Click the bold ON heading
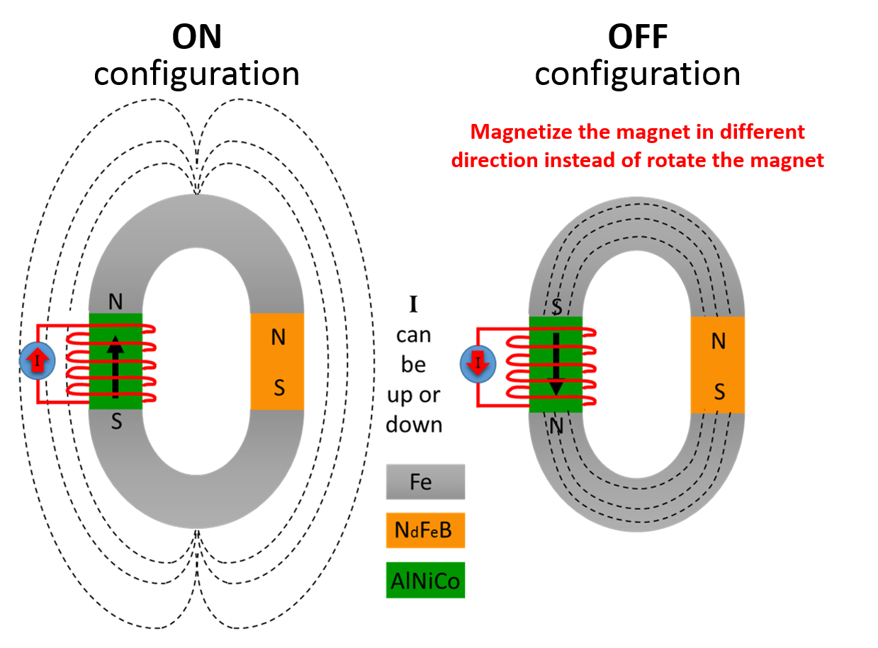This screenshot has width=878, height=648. (197, 37)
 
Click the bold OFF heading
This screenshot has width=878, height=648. (637, 37)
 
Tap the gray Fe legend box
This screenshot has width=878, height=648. (425, 482)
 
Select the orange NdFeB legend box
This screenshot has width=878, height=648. (425, 530)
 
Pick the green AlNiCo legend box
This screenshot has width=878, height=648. (425, 581)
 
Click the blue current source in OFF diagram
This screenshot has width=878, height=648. (478, 364)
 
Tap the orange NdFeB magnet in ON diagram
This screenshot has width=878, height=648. (277, 361)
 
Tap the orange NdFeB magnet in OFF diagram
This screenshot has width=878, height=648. (717, 365)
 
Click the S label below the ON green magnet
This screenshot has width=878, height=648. (116, 422)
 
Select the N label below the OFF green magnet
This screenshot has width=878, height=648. (556, 425)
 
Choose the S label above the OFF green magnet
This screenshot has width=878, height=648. (556, 307)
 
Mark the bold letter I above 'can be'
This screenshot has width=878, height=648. (413, 306)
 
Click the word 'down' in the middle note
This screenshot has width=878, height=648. (415, 424)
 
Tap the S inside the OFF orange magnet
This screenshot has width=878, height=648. (719, 391)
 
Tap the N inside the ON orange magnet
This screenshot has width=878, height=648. (278, 338)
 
